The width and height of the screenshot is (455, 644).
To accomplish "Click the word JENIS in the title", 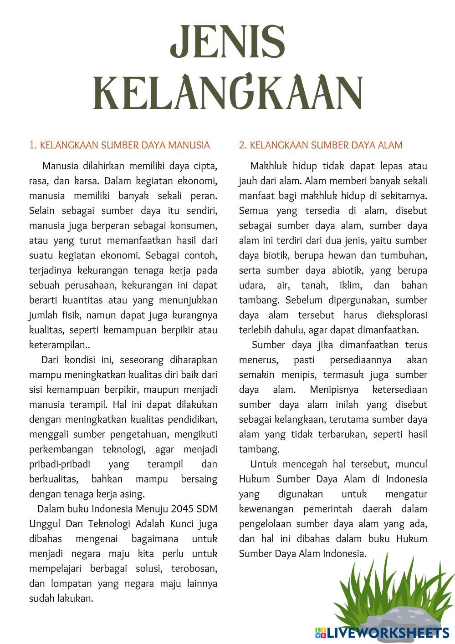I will pos(228,46).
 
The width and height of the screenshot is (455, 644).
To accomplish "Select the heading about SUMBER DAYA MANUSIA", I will pos(119,145).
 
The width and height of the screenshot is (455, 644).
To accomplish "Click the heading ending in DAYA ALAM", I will pos(321,145).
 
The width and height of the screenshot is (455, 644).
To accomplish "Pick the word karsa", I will pos(84,181).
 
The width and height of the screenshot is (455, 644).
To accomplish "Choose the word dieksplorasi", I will pos(402,315).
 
